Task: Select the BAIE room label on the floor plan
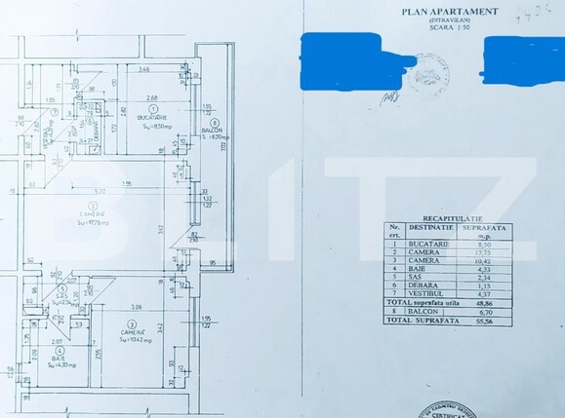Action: tap(59, 358)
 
